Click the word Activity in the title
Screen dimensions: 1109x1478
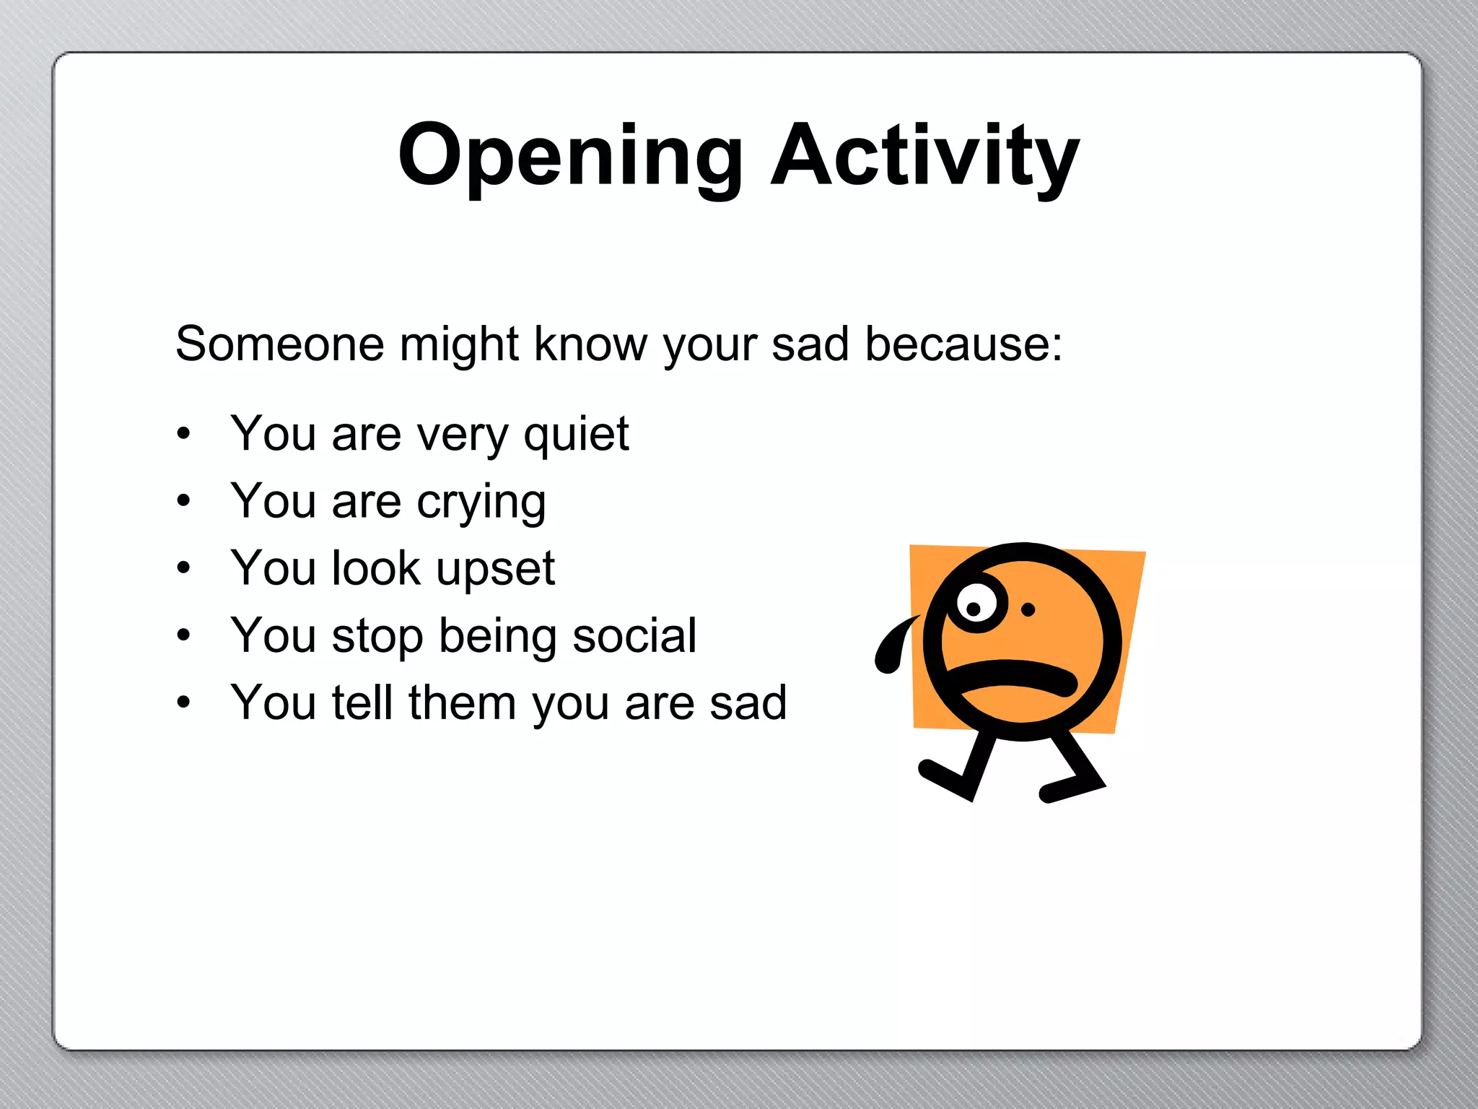pos(925,156)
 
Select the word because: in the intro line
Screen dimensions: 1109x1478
pos(963,344)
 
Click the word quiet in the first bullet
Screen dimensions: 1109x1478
pos(576,435)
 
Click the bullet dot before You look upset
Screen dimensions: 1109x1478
pos(184,568)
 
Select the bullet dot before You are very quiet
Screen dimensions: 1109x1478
pos(184,434)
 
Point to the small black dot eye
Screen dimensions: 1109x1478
pos(1028,610)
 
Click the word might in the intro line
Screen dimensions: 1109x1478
pos(459,344)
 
